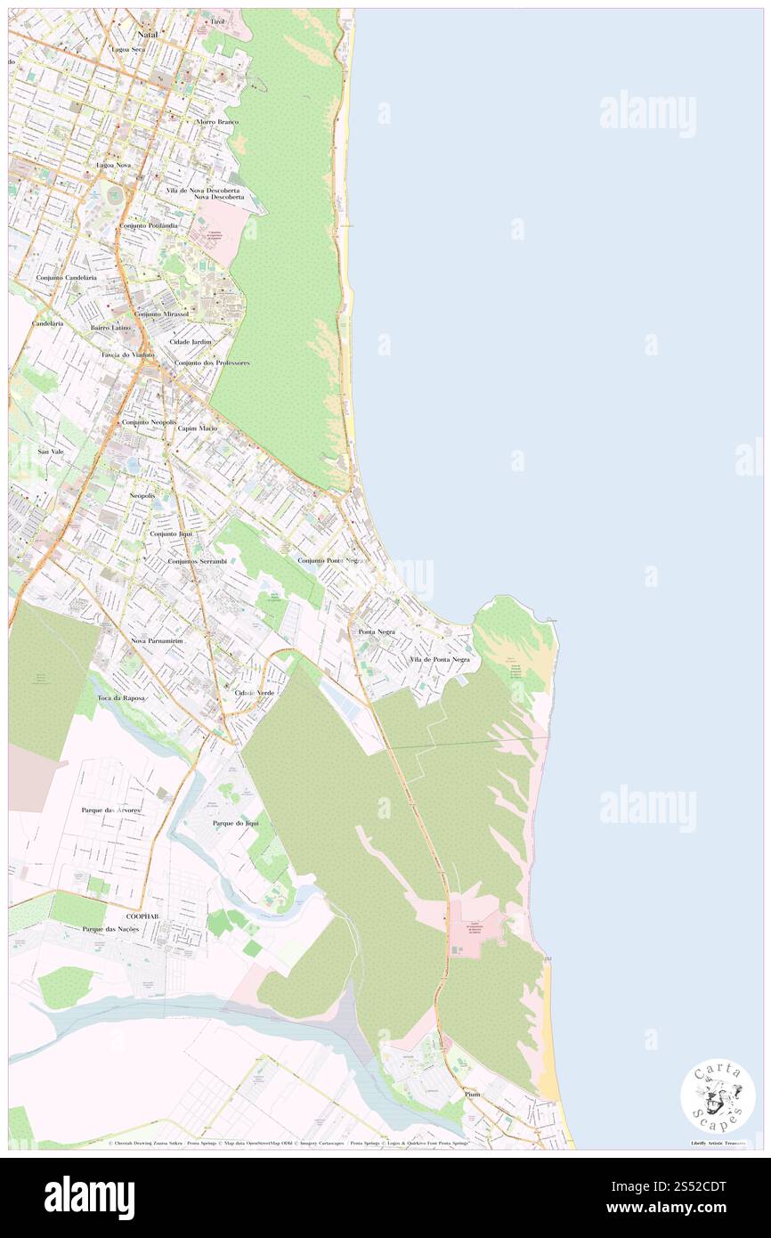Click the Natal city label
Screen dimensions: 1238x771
coord(147,33)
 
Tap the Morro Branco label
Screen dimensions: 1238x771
coord(217,121)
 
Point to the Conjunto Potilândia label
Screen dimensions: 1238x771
coord(149,226)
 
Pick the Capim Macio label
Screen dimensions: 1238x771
coord(197,428)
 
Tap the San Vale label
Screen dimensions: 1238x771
coord(50,452)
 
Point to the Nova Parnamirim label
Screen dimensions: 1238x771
coord(157,640)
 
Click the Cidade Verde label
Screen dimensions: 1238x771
coord(255,692)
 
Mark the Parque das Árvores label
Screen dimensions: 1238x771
coord(111,810)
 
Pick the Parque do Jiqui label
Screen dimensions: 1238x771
coord(235,823)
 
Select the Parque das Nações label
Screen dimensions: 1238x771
coord(110,929)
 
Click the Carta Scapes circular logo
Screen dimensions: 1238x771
coord(718,1095)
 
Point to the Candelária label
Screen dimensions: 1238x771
coord(47,322)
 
